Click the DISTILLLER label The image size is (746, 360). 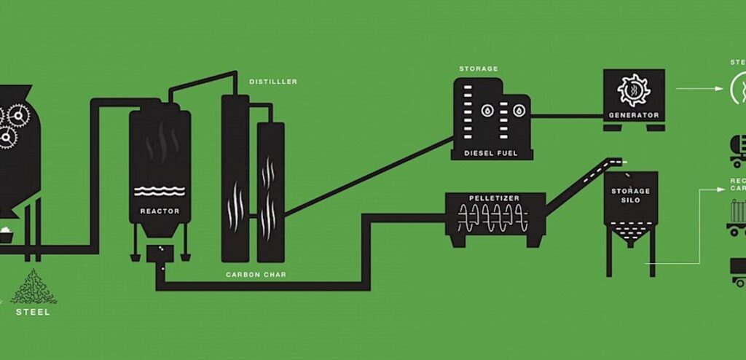click(273, 82)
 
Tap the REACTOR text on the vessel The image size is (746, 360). click(160, 211)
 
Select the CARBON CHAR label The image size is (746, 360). click(255, 275)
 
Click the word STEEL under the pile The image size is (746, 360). click(34, 312)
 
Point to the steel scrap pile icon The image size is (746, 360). click(33, 287)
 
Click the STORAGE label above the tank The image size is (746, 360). click(479, 69)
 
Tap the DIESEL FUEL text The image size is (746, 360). click(493, 154)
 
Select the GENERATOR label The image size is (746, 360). click(634, 115)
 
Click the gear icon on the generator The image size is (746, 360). click(633, 90)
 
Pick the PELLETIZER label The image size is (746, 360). click(495, 198)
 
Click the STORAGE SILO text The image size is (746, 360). click(631, 195)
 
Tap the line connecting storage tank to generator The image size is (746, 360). click(568, 115)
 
